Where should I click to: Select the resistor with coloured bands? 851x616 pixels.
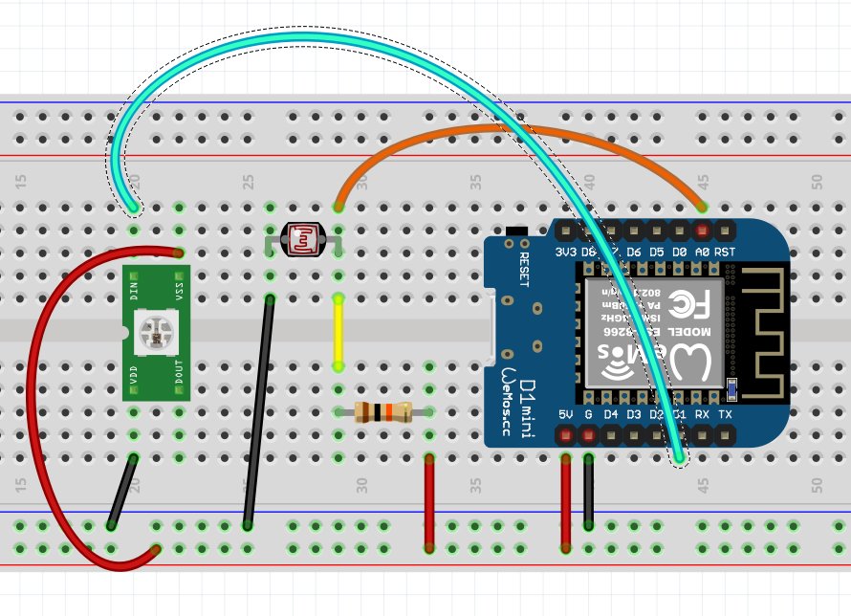(x=383, y=413)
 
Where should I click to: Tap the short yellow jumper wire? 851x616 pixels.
(x=338, y=332)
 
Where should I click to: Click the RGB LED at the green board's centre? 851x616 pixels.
(x=155, y=332)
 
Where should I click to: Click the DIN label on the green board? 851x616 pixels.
(x=134, y=281)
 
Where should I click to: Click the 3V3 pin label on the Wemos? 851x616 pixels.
(x=565, y=252)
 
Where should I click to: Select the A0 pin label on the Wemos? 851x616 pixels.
(x=702, y=252)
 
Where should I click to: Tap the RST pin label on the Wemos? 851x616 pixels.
(x=725, y=252)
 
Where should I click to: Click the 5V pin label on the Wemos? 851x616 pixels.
(x=565, y=415)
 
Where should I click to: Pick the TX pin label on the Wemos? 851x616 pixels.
(x=725, y=415)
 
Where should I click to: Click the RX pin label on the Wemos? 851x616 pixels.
(x=702, y=415)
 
